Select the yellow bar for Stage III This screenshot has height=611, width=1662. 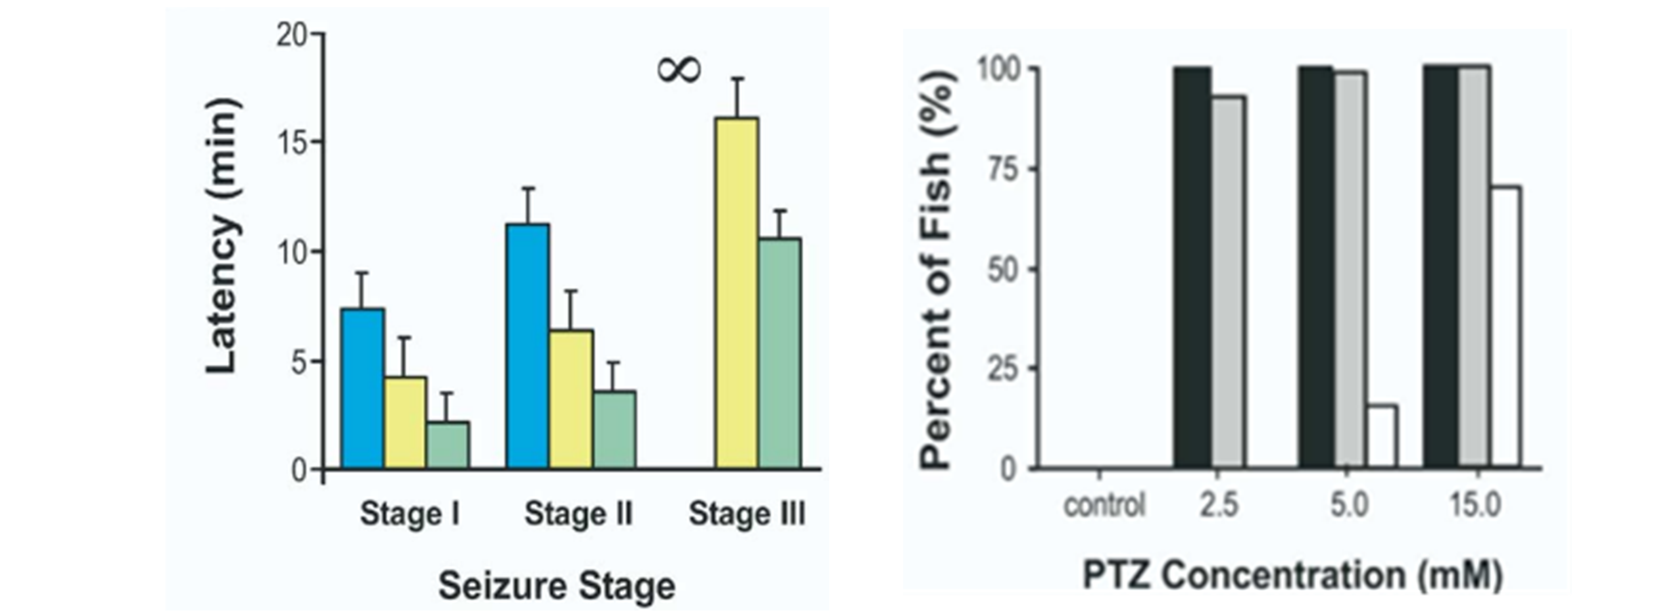(x=736, y=294)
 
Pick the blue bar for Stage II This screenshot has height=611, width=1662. (x=528, y=346)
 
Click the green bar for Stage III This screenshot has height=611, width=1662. (x=779, y=354)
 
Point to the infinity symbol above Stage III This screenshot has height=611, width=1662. (x=679, y=70)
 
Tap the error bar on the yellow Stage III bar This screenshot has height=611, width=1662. (x=737, y=97)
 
